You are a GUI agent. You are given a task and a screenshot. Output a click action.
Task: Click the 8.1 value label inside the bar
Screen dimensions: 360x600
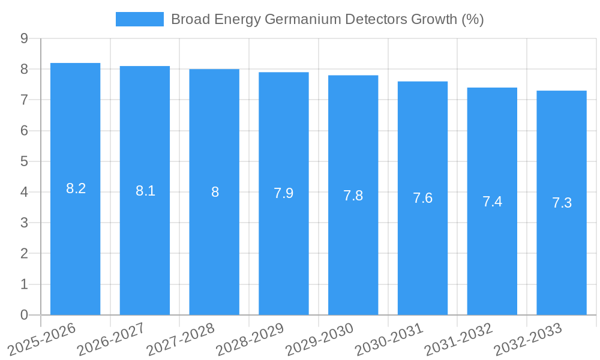coord(145,191)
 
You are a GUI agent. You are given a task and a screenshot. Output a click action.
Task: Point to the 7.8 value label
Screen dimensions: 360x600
coord(353,196)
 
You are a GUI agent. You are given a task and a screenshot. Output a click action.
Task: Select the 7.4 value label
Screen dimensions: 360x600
coord(492,202)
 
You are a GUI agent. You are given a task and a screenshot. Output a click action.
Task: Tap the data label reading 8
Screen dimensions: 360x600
coord(215,193)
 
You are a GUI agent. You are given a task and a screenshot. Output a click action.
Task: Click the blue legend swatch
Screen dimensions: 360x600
coord(139,19)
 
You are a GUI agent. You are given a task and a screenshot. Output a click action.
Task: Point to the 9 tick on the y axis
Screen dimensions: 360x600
coord(24,38)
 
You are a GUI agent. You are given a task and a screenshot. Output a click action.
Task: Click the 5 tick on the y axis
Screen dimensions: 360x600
coord(24,161)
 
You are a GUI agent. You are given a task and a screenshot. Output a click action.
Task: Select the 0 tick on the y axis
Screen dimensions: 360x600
coord(24,315)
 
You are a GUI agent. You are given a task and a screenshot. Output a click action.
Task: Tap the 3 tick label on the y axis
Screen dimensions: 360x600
coord(24,223)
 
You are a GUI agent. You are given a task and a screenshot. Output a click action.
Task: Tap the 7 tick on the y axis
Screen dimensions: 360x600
coord(24,100)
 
